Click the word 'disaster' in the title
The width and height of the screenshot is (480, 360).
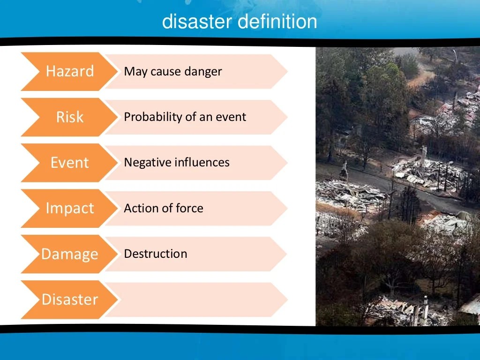(197, 22)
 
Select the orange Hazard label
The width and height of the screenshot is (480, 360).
(70, 71)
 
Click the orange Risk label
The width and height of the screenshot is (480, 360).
(70, 117)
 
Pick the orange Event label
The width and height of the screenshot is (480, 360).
(70, 163)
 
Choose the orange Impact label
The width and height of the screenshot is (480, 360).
(70, 208)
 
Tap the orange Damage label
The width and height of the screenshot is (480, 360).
(70, 254)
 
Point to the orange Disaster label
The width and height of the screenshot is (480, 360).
(70, 300)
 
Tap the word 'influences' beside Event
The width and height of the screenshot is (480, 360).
(202, 163)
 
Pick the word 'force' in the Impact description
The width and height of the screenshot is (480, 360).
(189, 208)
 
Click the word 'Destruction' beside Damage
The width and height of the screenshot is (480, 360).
(156, 254)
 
